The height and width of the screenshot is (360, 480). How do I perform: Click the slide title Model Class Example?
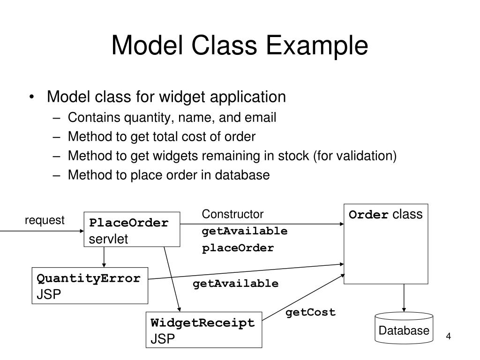click(240, 46)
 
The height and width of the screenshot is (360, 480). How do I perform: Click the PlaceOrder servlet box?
click(132, 230)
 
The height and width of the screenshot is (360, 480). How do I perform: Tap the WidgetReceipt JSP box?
click(203, 330)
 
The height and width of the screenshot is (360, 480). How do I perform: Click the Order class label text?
click(385, 215)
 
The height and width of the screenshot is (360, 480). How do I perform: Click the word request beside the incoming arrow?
click(45, 220)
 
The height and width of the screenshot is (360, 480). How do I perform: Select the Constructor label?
click(232, 214)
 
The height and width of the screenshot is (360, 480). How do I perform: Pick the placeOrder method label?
click(238, 248)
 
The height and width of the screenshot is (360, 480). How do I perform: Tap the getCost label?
click(311, 313)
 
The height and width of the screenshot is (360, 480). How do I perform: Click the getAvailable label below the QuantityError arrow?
click(235, 284)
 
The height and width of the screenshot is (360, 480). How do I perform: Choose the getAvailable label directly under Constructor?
click(245, 232)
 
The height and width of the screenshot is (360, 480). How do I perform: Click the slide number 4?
click(448, 337)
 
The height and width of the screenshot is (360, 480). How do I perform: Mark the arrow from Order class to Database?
click(403, 298)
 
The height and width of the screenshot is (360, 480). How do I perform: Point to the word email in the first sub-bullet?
click(262, 118)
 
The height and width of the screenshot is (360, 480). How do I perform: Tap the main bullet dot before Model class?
click(31, 97)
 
